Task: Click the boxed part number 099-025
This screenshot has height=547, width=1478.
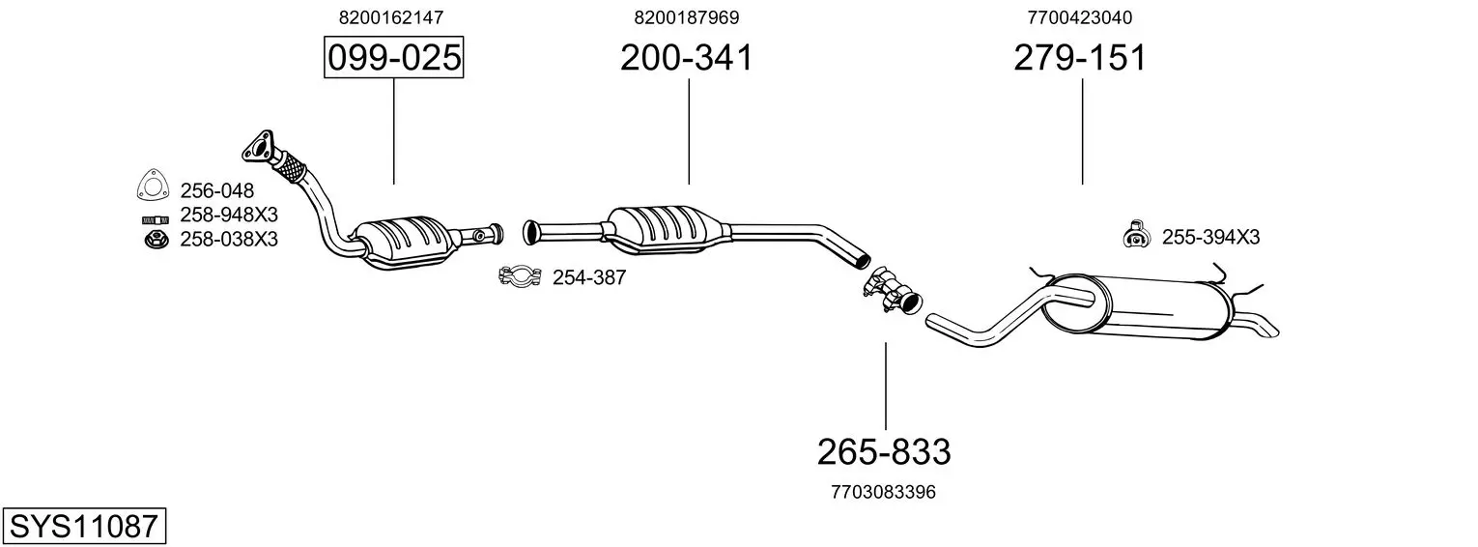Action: [x=394, y=57]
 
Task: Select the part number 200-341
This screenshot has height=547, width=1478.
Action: [x=686, y=57]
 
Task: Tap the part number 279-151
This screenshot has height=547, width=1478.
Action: [x=1080, y=57]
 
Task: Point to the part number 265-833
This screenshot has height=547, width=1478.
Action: [x=884, y=452]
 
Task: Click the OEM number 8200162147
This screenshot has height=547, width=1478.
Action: [x=391, y=17]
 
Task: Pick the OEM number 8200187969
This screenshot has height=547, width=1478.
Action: [x=686, y=17]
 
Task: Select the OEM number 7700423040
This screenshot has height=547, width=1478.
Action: [x=1079, y=17]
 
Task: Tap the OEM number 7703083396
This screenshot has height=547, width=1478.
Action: [x=884, y=492]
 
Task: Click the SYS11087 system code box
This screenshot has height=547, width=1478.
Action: [x=84, y=526]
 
